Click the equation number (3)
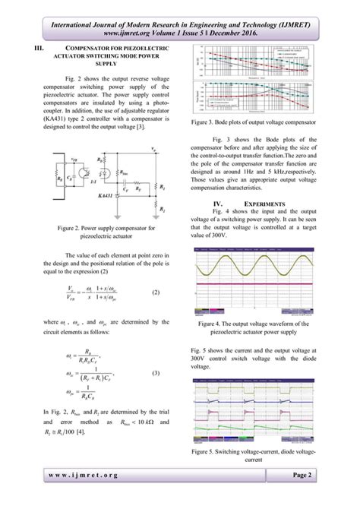[157, 373]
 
